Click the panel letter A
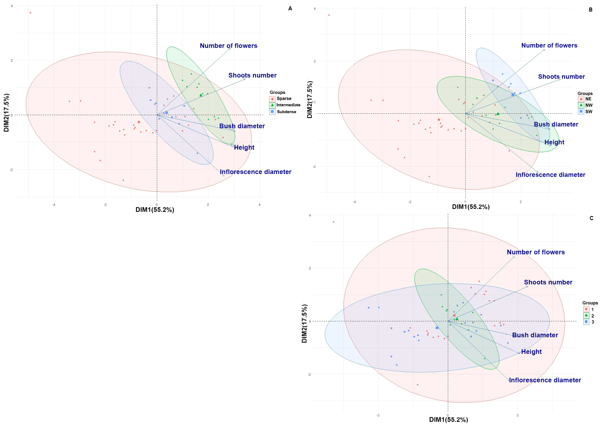[x=290, y=9]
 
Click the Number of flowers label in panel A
[x=228, y=46]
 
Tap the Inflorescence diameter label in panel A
[x=255, y=172]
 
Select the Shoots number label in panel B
[x=561, y=77]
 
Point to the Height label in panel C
[x=531, y=352]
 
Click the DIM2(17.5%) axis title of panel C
[x=304, y=324]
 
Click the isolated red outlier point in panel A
[x=30, y=13]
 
